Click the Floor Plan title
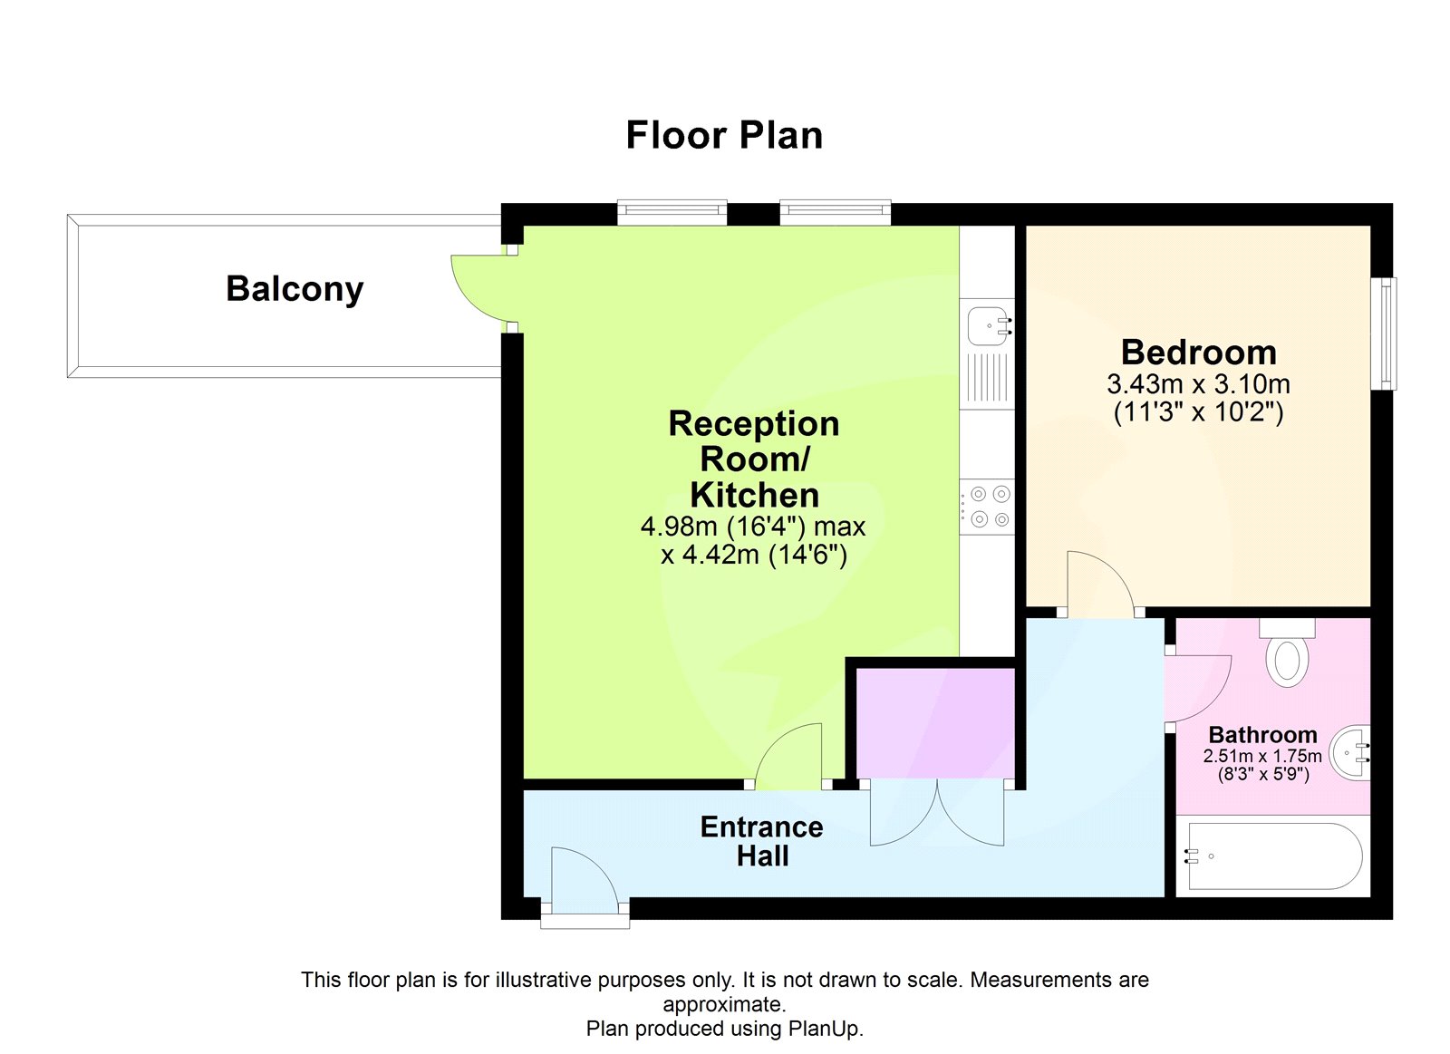[x=724, y=136]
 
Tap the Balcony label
[x=295, y=289]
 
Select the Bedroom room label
[x=1198, y=352]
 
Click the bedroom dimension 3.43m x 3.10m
[x=1198, y=384]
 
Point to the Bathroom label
[x=1262, y=735]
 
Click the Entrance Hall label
[x=761, y=841]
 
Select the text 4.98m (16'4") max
[x=753, y=527]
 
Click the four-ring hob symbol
[x=989, y=507]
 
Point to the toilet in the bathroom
[x=1287, y=657]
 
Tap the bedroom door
[x=1098, y=585]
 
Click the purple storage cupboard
[x=935, y=722]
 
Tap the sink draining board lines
[x=987, y=379]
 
